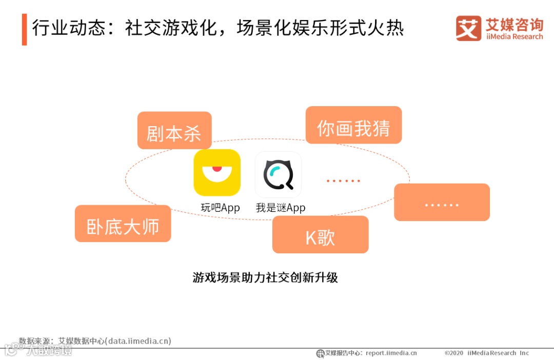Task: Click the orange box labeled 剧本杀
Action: (174, 131)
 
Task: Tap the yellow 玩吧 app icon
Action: (217, 172)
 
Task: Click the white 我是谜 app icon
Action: (278, 174)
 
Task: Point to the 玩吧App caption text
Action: (220, 208)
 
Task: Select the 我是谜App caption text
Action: (281, 208)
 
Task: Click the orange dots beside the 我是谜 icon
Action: (343, 181)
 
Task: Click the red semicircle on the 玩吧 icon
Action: (217, 168)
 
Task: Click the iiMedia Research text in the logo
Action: (514, 36)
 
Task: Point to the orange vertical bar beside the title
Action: (24, 29)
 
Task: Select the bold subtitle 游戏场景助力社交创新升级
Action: (265, 278)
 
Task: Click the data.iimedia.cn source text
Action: (138, 341)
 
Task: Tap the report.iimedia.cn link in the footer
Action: (391, 353)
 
